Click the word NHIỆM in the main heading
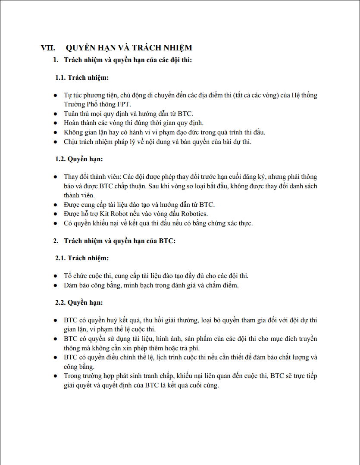[x=176, y=48]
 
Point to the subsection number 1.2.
[x=61, y=159]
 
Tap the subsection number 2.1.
[x=61, y=258]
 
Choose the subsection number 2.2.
[x=61, y=303]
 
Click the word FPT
[x=123, y=104]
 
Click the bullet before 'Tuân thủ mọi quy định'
[x=55, y=114]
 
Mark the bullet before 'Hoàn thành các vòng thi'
[x=55, y=123]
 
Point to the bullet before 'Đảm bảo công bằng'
[x=55, y=285]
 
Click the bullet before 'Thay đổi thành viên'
[x=55, y=177]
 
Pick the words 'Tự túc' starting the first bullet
[x=72, y=95]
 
